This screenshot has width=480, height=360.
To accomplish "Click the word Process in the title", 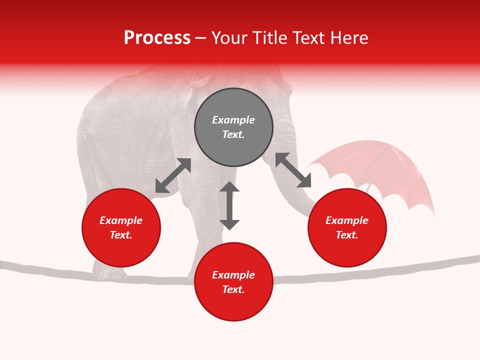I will [157, 38].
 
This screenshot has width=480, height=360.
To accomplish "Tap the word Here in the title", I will [349, 38].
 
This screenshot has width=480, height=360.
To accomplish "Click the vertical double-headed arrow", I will [229, 205].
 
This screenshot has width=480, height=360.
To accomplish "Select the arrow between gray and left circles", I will [173, 175].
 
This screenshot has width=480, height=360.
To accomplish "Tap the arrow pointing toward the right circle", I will [293, 170].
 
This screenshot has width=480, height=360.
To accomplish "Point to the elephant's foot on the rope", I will [110, 273].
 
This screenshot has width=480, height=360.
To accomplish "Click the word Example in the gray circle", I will [233, 120].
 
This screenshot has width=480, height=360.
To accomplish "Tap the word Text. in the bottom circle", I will [233, 290].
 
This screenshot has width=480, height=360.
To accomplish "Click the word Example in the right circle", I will [347, 220].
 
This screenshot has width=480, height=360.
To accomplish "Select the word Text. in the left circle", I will [121, 235].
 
